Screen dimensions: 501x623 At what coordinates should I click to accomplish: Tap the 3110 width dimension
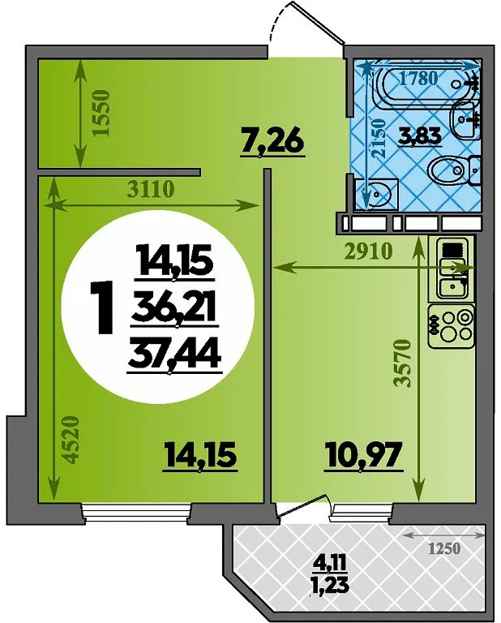[x=151, y=190]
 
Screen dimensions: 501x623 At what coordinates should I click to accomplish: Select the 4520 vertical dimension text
[x=69, y=440]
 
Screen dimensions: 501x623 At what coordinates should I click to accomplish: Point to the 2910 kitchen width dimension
[x=368, y=251]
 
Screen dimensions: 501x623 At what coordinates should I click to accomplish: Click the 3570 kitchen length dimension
[x=402, y=363]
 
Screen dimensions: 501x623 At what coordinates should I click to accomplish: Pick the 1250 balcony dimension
[x=443, y=548]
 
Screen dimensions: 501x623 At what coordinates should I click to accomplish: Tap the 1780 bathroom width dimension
[x=418, y=78]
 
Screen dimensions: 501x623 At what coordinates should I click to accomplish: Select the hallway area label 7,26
[x=273, y=142]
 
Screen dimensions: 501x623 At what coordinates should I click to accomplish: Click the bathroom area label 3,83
[x=421, y=136]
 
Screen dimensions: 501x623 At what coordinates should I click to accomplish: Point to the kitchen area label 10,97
[x=364, y=457]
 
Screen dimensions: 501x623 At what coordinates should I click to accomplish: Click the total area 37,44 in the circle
[x=173, y=356]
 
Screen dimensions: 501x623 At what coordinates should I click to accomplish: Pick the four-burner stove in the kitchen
[x=452, y=326]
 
